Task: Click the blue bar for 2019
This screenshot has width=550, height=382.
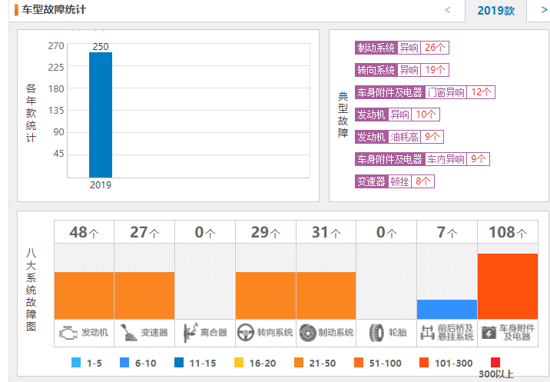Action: [101, 115]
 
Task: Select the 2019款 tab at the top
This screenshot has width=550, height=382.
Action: [495, 11]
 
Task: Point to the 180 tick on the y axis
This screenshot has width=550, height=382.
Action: [56, 88]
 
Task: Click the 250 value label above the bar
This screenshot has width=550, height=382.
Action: [101, 47]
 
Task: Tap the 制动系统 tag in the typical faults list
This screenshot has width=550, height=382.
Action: [376, 48]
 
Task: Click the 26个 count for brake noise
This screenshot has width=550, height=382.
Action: [435, 48]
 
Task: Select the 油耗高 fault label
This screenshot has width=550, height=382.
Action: [404, 137]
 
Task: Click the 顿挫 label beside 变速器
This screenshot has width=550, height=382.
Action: [399, 181]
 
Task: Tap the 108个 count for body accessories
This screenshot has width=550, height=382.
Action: [507, 232]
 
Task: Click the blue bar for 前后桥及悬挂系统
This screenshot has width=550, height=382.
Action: [446, 309]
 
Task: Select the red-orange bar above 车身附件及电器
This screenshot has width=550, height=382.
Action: [507, 286]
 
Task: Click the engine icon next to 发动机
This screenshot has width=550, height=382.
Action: [68, 333]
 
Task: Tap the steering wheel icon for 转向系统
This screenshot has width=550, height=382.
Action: [246, 333]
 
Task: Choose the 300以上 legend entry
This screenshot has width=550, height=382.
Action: [495, 367]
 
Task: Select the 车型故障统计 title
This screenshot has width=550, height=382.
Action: [54, 10]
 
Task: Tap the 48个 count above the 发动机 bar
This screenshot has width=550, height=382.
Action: [84, 232]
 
